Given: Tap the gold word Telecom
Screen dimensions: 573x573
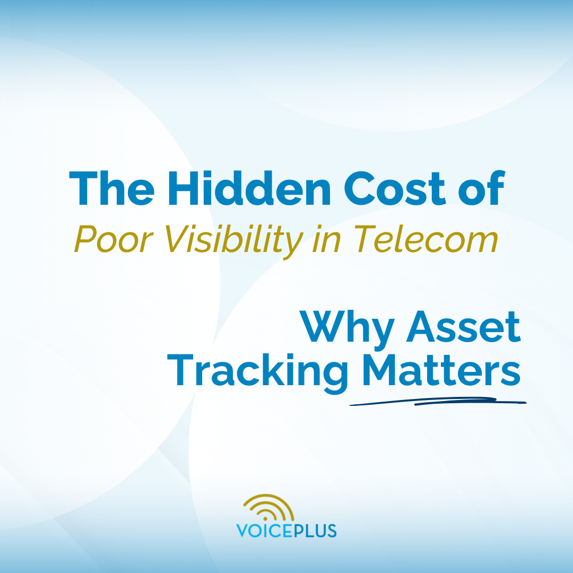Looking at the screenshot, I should point(426,239).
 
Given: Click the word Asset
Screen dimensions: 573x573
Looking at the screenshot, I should point(463,328).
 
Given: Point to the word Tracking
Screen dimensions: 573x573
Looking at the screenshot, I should point(257,373).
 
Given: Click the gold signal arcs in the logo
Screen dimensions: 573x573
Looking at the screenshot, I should point(269,508).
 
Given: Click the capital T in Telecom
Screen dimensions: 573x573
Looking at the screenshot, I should point(364,239).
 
